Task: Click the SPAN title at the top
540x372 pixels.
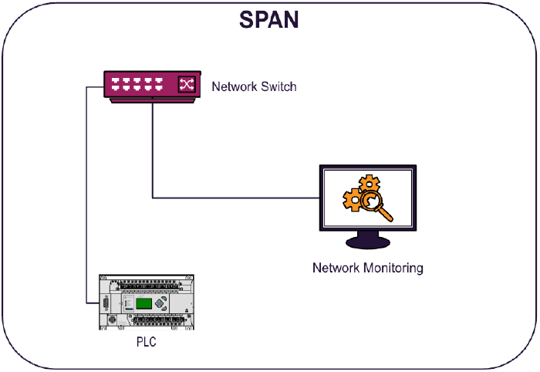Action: coord(268,19)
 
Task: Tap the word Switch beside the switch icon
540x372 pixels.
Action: coord(278,86)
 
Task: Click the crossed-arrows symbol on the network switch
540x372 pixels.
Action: coord(186,84)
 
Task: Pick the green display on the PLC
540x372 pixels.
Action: coord(144,303)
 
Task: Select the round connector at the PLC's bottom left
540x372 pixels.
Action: coord(113,319)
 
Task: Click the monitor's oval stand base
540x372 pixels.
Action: coord(369,243)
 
